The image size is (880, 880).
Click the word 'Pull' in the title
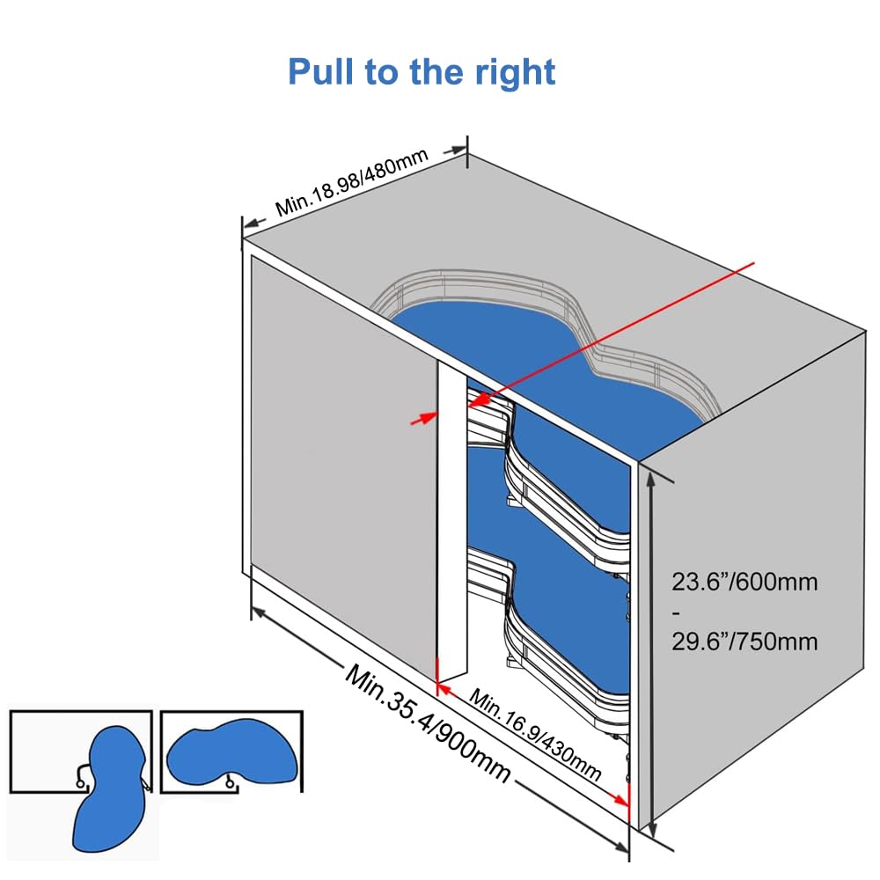[x=321, y=71]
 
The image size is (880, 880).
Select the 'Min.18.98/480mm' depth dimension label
[x=352, y=183]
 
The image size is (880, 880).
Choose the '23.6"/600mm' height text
[x=744, y=582]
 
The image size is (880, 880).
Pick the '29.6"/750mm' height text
[x=744, y=642]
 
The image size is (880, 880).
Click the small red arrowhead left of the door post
[x=429, y=417]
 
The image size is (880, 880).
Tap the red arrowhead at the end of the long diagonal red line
[x=477, y=400]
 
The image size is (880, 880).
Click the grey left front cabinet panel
[x=343, y=466]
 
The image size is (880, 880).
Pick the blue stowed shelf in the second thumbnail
[x=231, y=752]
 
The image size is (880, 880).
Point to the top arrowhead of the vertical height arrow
[x=650, y=480]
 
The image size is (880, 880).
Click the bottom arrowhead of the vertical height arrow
[x=651, y=829]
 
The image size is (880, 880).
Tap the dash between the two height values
[x=676, y=612]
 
